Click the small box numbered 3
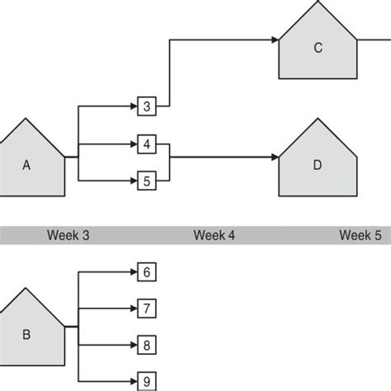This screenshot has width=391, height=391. tap(146, 106)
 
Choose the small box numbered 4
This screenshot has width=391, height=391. tap(146, 144)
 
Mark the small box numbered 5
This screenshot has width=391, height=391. tap(146, 179)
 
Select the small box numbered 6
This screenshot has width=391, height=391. tap(146, 271)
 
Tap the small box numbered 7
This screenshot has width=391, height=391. tap(146, 308)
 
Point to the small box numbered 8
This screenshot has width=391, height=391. tap(146, 344)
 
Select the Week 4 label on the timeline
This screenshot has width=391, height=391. tap(214, 235)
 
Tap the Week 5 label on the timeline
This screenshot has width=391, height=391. tap(360, 235)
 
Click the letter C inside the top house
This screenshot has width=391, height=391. tap(318, 48)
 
